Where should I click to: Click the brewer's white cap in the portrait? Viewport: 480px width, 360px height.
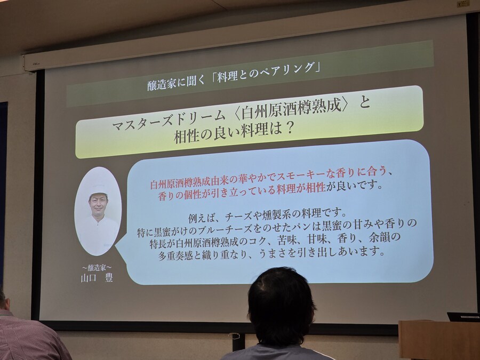[x=99, y=183]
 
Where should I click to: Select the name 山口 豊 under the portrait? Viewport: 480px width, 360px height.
[x=97, y=278]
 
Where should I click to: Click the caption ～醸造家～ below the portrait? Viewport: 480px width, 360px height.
[x=97, y=268]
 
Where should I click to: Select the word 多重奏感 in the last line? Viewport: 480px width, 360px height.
[x=175, y=255]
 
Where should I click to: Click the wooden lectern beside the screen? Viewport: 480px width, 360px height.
[x=439, y=340]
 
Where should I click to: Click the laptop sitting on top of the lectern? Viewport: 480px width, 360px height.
[x=463, y=316]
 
